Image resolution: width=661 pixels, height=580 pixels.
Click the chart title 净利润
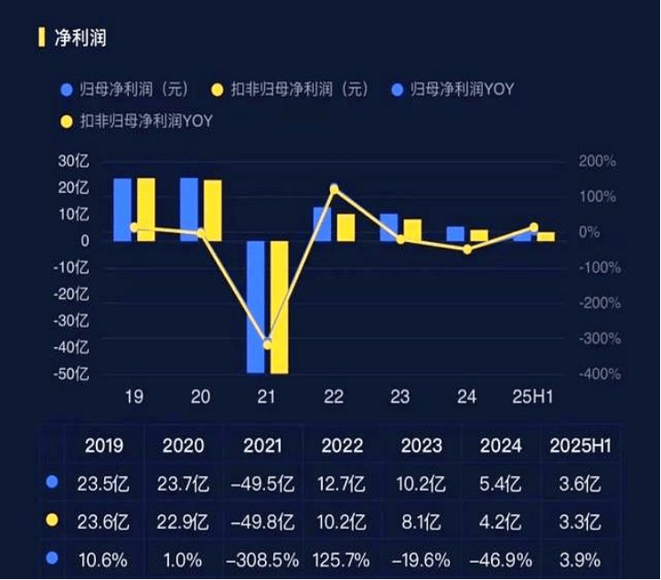pos(80,38)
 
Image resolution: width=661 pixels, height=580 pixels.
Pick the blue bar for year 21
pos(256,306)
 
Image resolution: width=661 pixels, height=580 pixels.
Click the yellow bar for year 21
pos(279,306)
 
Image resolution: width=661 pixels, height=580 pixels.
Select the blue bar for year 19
pos(123,209)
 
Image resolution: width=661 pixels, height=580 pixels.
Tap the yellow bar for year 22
pos(346,227)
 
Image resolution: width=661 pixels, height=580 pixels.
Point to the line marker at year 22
pos(334,189)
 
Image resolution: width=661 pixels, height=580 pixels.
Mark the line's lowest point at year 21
pos(267,343)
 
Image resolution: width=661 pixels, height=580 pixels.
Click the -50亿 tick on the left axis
pos(73,374)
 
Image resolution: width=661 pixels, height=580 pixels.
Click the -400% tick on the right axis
pos(598,374)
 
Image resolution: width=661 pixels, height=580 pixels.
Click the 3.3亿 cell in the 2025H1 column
pos(579,522)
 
